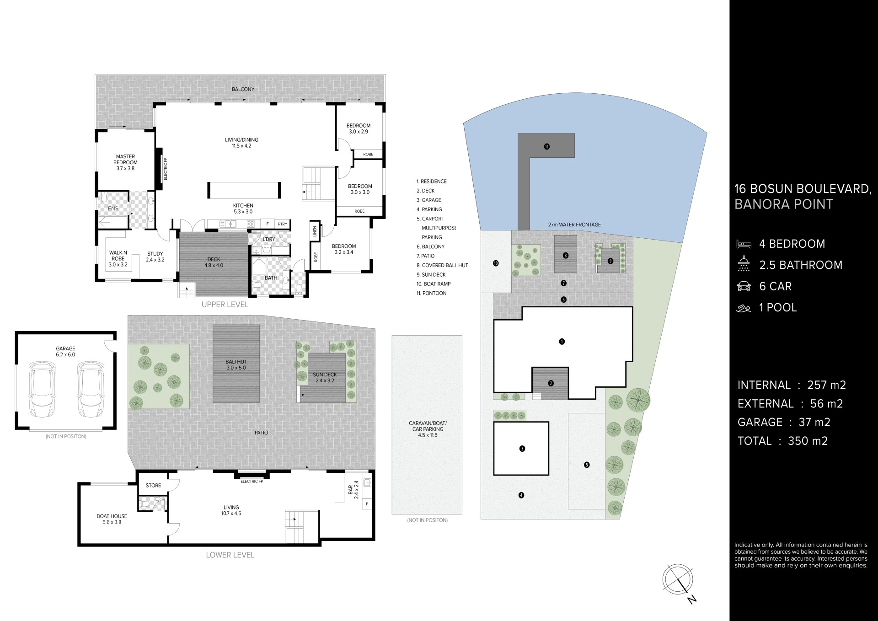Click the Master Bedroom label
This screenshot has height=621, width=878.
click(125, 162)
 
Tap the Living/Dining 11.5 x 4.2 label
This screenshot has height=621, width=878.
click(241, 143)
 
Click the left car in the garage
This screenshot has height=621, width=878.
click(42, 389)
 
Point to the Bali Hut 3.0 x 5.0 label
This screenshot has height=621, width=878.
click(236, 364)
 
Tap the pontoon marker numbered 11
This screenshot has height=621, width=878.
click(546, 147)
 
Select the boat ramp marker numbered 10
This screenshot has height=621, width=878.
click(496, 263)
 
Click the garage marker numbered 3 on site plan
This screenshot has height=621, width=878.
click(522, 449)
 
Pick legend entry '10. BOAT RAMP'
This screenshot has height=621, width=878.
click(434, 284)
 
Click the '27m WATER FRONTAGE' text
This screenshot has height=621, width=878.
click(574, 225)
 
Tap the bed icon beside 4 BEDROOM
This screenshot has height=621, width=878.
click(744, 244)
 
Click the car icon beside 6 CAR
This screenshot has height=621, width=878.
click(744, 286)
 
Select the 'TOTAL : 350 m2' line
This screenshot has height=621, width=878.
click(783, 441)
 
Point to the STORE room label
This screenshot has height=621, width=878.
click(153, 485)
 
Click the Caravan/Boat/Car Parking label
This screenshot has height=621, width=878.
click(428, 429)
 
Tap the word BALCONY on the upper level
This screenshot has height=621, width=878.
click(243, 89)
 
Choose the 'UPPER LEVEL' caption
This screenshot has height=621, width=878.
click(225, 305)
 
